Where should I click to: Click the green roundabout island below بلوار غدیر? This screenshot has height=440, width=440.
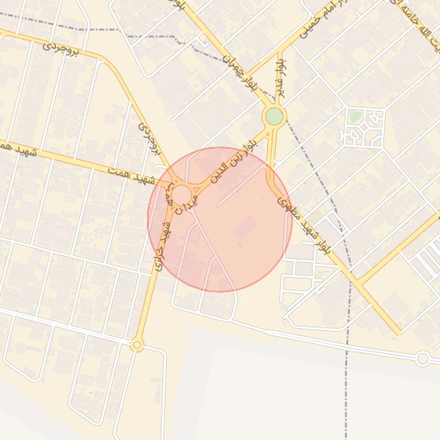click(x=274, y=116)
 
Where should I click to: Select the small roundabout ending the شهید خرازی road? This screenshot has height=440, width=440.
click(x=137, y=345)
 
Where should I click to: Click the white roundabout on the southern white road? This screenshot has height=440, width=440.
click(x=422, y=358)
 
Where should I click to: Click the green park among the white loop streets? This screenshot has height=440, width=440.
click(x=354, y=116)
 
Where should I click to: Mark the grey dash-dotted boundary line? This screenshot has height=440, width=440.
click(x=348, y=284)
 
